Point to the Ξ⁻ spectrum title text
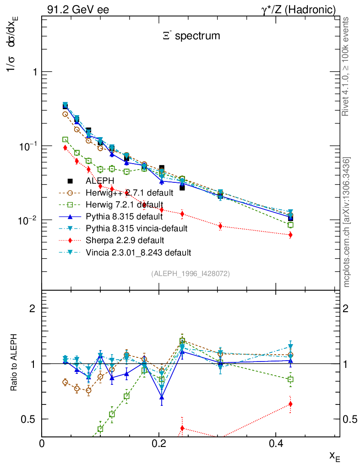191,36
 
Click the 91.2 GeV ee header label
78,10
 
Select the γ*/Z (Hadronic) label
299,10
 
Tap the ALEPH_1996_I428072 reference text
190,274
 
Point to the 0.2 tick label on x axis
159,444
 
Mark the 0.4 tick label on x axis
276,444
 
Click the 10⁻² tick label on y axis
25,220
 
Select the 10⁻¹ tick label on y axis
25,146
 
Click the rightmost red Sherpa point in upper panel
290,235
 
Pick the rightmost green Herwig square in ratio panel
290,379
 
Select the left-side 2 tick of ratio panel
33,308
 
